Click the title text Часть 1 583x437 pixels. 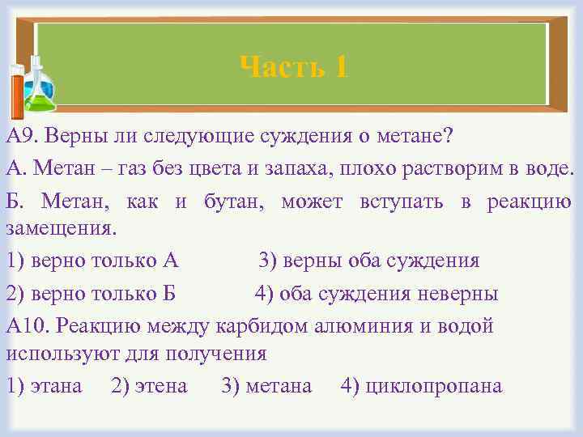(295, 67)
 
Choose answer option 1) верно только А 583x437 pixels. (91, 261)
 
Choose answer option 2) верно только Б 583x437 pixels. (91, 293)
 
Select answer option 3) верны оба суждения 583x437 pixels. (368, 261)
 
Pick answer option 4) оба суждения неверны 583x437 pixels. (377, 293)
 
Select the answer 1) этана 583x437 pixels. (44, 386)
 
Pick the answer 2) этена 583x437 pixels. (149, 386)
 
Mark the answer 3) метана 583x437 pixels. (266, 386)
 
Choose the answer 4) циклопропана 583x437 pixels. (422, 386)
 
